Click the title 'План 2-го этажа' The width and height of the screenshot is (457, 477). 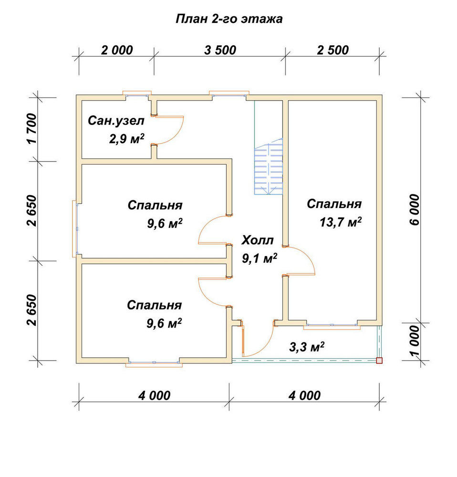pyautogui.click(x=229, y=19)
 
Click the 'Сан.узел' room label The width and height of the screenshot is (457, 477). pyautogui.click(x=116, y=121)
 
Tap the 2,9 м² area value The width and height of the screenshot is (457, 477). pyautogui.click(x=126, y=139)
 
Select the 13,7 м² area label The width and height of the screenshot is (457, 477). pyautogui.click(x=341, y=222)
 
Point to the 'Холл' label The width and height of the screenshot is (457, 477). pyautogui.click(x=258, y=240)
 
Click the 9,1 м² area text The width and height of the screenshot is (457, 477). pyautogui.click(x=260, y=259)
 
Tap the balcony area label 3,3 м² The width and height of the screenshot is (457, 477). pyautogui.click(x=306, y=346)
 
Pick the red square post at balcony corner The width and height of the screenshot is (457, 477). pyautogui.click(x=379, y=361)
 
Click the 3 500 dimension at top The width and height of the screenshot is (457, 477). pyautogui.click(x=220, y=50)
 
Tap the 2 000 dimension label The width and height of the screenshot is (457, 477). pyautogui.click(x=117, y=50)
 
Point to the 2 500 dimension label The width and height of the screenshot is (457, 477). pyautogui.click(x=332, y=50)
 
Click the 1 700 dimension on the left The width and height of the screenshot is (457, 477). pyautogui.click(x=31, y=129)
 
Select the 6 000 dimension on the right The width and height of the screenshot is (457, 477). pyautogui.click(x=415, y=210)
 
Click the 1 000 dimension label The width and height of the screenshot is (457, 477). pyautogui.click(x=415, y=341)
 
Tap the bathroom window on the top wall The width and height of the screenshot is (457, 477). pyautogui.click(x=137, y=94)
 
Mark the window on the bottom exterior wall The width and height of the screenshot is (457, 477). pyautogui.click(x=154, y=363)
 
